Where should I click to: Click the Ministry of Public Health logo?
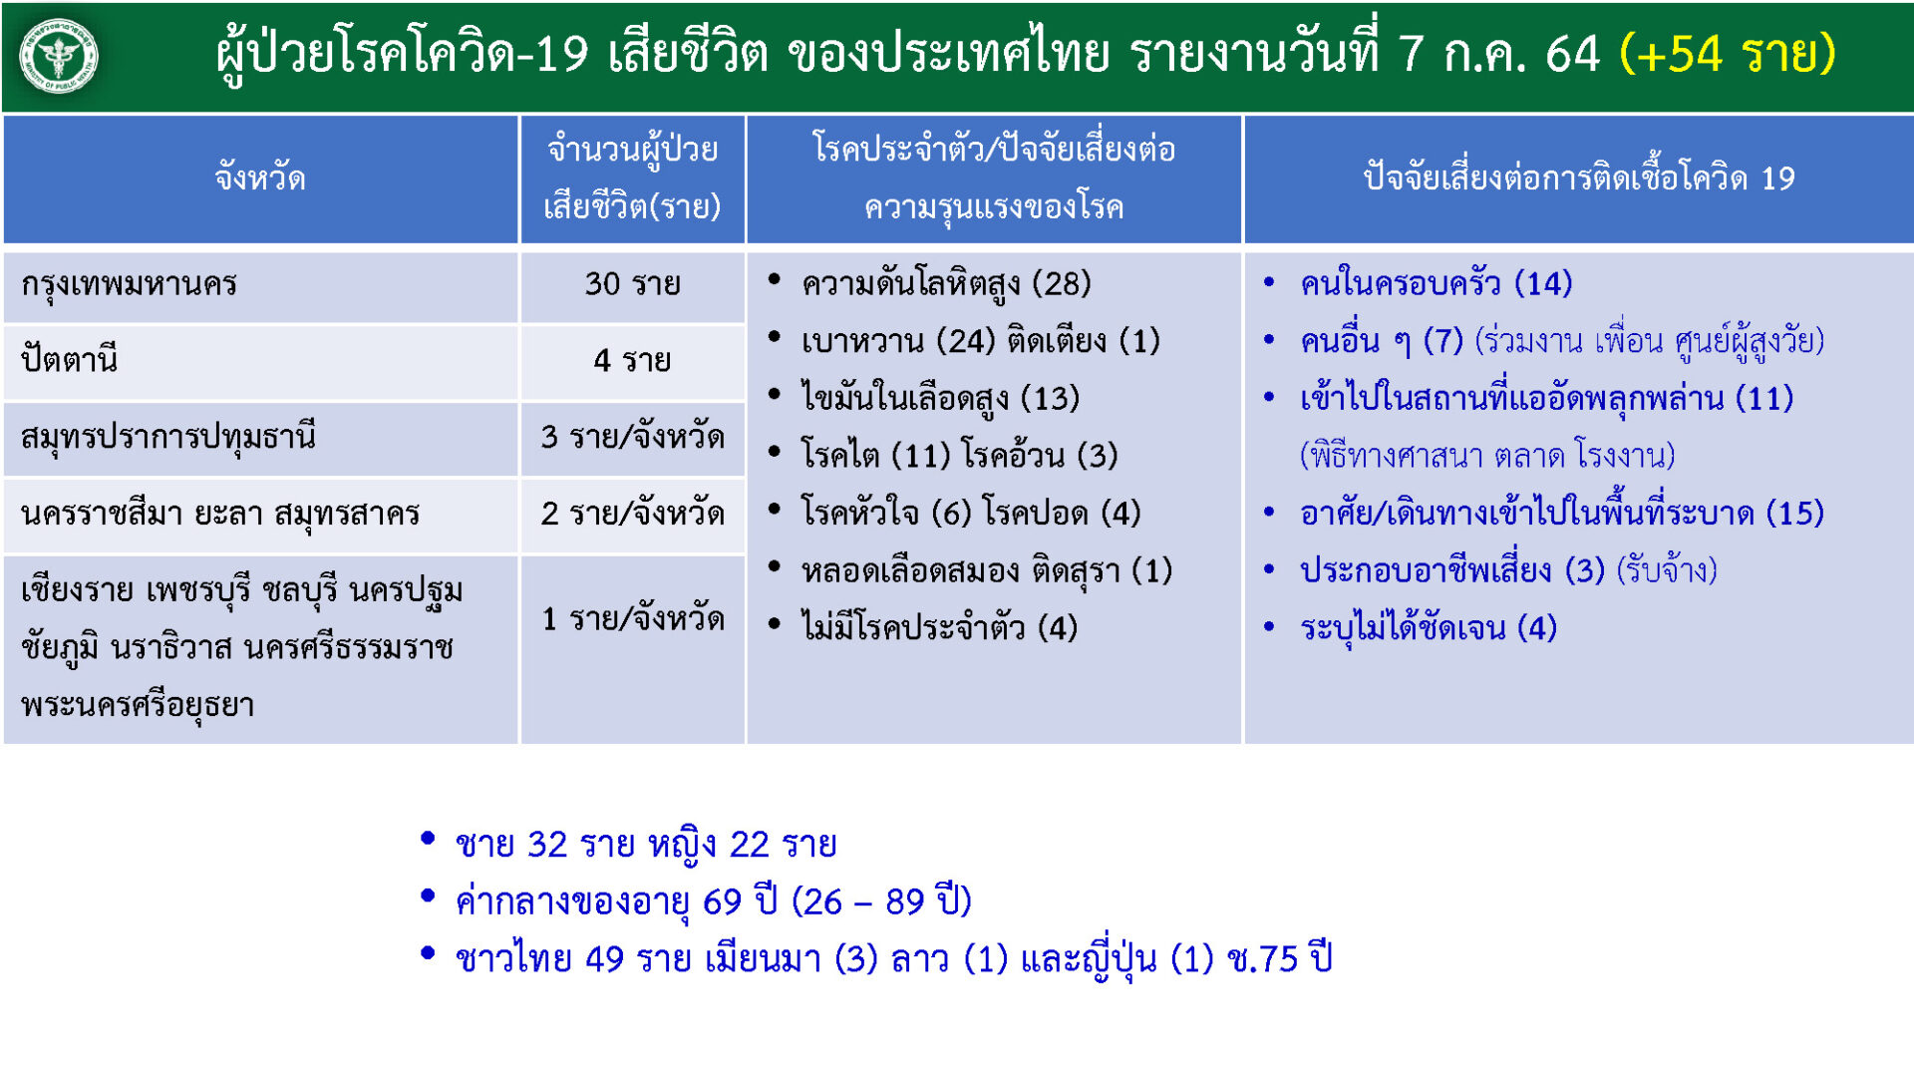click(x=59, y=56)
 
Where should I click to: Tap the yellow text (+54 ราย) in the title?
click(x=1728, y=53)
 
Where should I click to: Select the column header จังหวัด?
click(x=260, y=179)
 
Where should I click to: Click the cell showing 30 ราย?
click(x=632, y=284)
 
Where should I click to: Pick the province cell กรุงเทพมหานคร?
click(x=130, y=285)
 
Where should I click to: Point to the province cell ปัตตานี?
click(x=69, y=359)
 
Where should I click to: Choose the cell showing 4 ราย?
click(x=632, y=360)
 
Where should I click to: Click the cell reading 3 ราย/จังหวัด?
click(x=632, y=437)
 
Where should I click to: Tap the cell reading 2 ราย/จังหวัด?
click(x=632, y=514)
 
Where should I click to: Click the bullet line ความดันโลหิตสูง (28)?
click(x=946, y=284)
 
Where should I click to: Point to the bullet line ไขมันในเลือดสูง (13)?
click(x=940, y=399)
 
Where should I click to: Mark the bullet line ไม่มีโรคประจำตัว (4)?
click(x=939, y=628)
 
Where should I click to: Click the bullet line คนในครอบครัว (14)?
click(x=1436, y=284)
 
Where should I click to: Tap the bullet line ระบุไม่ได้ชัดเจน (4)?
click(x=1429, y=628)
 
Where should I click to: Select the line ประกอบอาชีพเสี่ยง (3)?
click(x=1452, y=570)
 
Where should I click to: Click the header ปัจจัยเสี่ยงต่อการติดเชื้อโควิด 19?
click(x=1579, y=179)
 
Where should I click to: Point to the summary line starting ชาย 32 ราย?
click(x=646, y=845)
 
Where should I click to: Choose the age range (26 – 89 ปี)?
click(x=881, y=901)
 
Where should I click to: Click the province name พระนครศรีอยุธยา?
click(x=138, y=706)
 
